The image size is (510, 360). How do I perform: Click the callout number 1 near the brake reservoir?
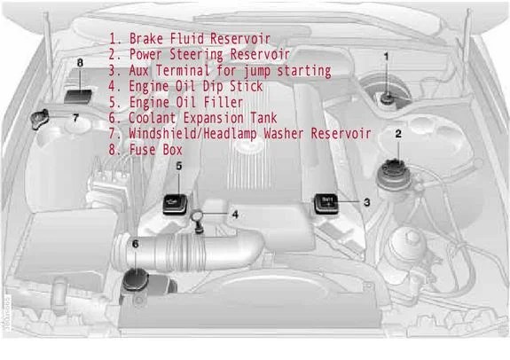point(386,57)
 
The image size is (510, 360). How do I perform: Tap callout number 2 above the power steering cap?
point(398,134)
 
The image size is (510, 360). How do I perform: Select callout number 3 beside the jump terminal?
point(367,202)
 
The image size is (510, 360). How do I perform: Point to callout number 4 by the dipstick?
point(235,215)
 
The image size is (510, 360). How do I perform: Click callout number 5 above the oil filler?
point(179,166)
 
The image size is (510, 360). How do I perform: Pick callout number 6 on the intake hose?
point(136,244)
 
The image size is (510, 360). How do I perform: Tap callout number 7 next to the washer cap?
point(75,117)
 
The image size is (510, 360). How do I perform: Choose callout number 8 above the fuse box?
point(80,62)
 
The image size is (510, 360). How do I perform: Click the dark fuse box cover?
point(78,97)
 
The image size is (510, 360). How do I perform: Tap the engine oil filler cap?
point(175,204)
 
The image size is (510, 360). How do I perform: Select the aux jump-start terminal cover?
point(326,204)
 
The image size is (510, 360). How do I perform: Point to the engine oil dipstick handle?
point(197,215)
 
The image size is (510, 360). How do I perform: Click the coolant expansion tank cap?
point(136,279)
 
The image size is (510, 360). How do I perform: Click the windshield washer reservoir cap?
point(39,120)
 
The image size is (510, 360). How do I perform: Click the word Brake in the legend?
point(146,39)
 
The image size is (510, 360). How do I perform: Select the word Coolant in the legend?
point(153,118)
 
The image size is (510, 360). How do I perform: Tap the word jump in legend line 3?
point(256,71)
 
